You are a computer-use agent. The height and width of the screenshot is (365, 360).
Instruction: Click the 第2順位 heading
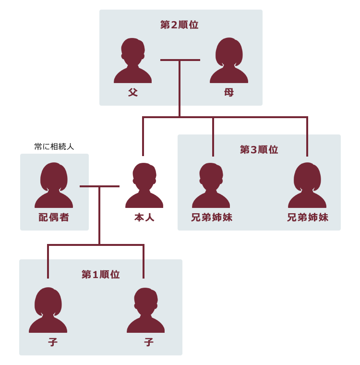[x=179, y=24]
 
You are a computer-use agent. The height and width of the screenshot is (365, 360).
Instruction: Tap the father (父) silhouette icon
[x=132, y=61]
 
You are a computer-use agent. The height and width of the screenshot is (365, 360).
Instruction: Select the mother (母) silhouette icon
[x=229, y=61]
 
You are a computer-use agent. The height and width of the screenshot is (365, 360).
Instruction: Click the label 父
[x=133, y=92]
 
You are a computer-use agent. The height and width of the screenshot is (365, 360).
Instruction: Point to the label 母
[x=229, y=92]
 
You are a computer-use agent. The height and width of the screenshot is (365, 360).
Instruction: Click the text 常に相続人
[x=54, y=146]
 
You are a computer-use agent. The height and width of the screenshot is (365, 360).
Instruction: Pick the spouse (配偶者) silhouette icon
[x=54, y=185]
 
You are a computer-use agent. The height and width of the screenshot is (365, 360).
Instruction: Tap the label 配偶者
[x=54, y=217]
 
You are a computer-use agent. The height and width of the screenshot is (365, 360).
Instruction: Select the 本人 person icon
[x=144, y=185]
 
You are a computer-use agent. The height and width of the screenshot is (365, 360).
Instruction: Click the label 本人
[x=144, y=217]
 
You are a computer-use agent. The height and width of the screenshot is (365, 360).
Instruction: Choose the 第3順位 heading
[x=259, y=149]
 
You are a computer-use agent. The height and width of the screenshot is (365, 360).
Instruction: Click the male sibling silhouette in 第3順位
[x=211, y=185]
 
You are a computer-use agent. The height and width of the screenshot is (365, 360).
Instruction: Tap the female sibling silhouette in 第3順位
[x=307, y=185]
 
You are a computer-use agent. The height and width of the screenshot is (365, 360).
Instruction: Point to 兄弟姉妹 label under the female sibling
[x=308, y=217]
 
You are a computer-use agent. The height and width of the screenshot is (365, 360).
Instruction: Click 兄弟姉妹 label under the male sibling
[x=212, y=217]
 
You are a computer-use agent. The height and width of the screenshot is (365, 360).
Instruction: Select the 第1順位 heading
[x=100, y=274]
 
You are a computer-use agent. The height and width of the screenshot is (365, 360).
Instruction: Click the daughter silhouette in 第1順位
[x=48, y=310]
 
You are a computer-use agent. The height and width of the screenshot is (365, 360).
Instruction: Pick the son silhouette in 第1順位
[x=145, y=310]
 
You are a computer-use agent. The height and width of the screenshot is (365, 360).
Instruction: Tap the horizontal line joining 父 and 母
[x=180, y=60]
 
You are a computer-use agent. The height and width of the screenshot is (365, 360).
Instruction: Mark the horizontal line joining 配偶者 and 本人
[x=99, y=186]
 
